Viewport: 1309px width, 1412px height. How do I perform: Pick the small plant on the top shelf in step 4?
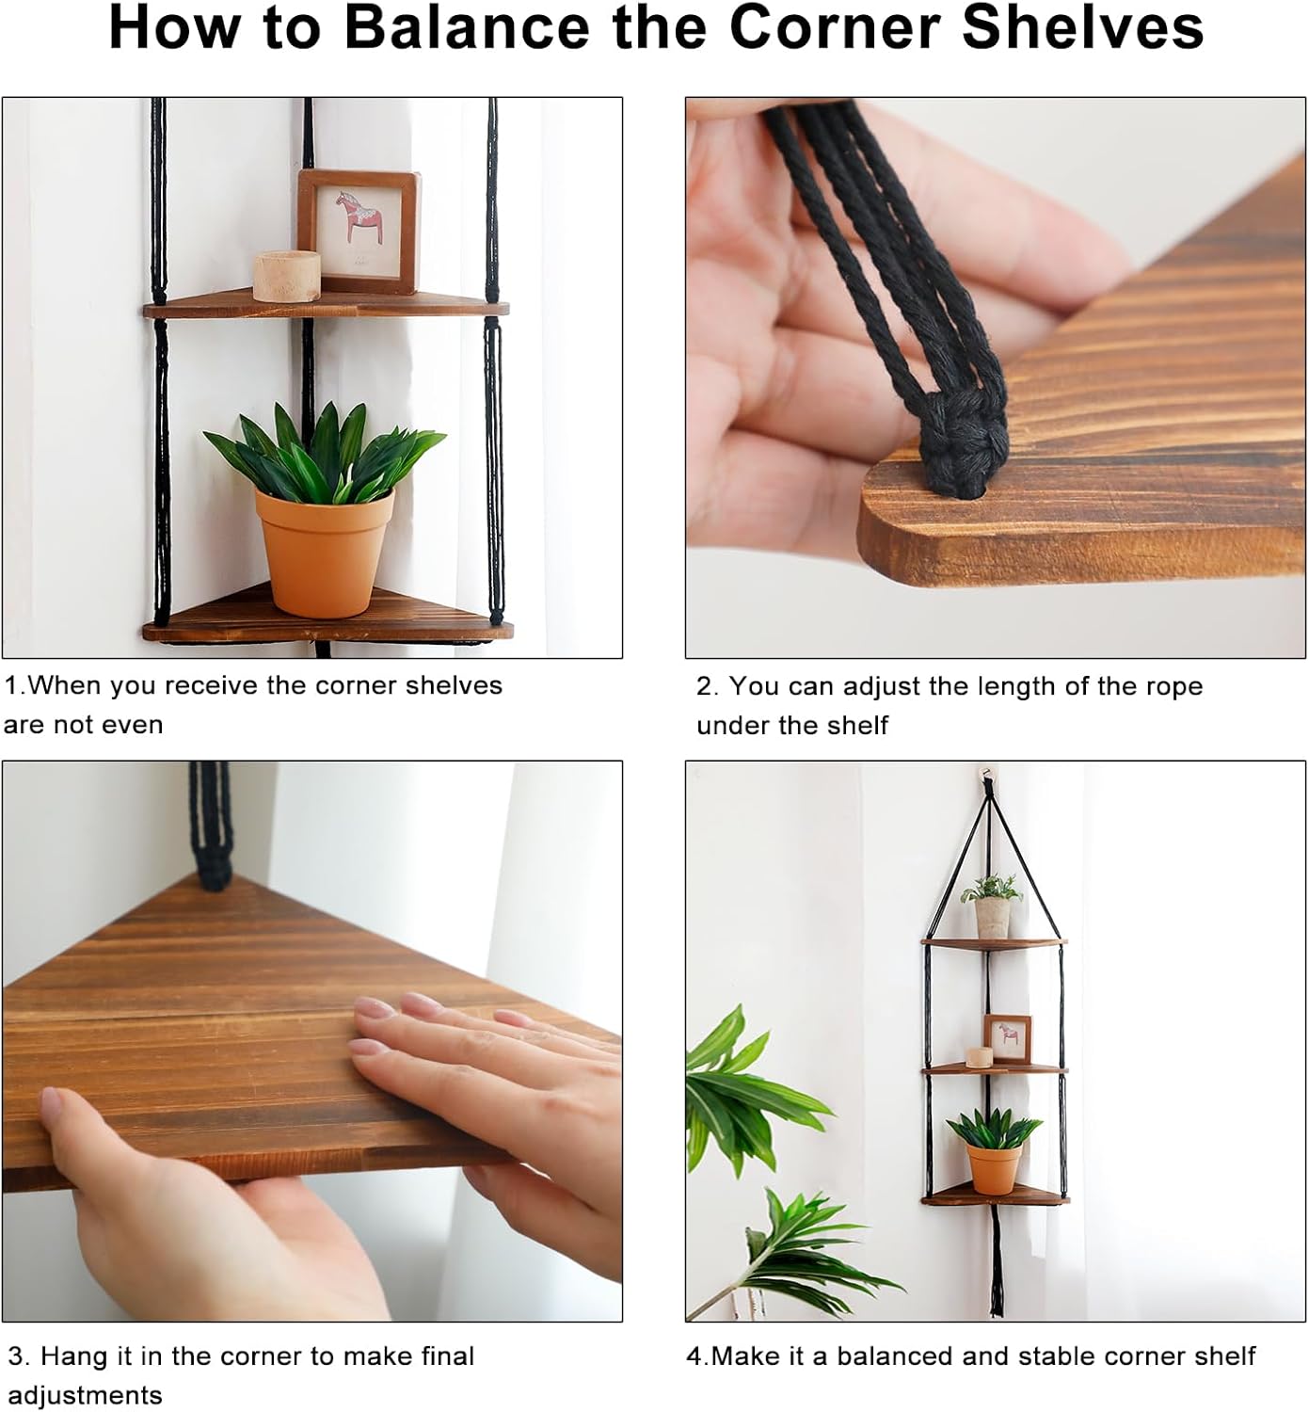click(x=992, y=904)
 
